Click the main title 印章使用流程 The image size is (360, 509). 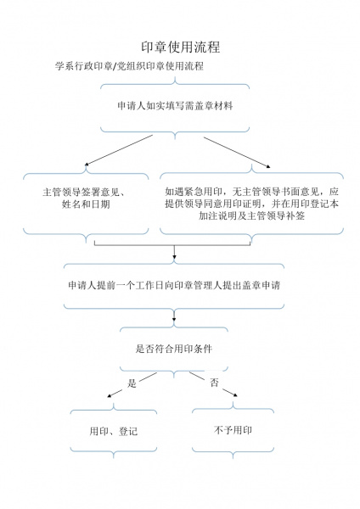(x=181, y=47)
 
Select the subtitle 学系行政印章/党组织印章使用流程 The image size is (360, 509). (x=129, y=66)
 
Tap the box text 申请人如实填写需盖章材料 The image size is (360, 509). (x=175, y=106)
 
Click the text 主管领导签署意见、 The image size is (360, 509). (x=84, y=193)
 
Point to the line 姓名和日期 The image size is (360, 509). (x=86, y=204)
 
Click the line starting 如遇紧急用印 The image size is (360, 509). (x=252, y=192)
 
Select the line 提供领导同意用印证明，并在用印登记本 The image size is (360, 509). (x=252, y=204)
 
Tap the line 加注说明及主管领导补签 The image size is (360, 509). (x=252, y=215)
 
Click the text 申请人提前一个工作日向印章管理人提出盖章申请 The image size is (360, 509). (x=174, y=285)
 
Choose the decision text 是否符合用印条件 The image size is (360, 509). (x=174, y=349)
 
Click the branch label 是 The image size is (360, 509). (x=132, y=383)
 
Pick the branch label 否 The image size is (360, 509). (x=214, y=383)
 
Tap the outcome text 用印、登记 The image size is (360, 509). (x=114, y=432)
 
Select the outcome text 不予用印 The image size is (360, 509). (x=233, y=430)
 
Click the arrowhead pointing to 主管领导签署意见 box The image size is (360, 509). (x=87, y=165)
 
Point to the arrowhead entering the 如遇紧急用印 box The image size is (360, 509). (x=268, y=166)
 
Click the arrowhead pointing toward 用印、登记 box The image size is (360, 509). (x=110, y=395)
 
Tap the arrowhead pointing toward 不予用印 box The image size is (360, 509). (x=235, y=394)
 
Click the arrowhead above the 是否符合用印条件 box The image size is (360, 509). (x=174, y=320)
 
